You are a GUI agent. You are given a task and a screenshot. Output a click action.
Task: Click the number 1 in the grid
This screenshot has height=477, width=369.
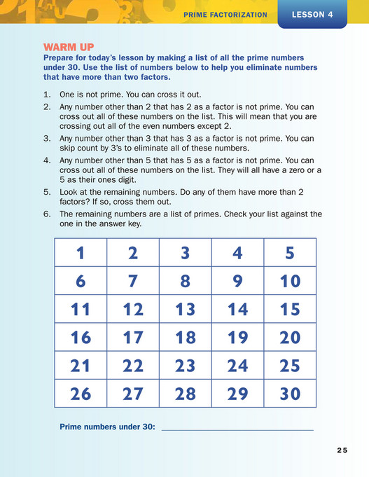[x=81, y=253]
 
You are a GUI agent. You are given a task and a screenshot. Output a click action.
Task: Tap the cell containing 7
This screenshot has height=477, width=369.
[x=133, y=281]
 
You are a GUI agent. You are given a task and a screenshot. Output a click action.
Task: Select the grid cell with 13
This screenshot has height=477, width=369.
[x=185, y=309]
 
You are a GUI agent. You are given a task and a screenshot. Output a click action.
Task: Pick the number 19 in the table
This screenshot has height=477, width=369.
[x=237, y=337]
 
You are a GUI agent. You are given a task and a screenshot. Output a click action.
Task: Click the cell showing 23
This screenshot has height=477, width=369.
[x=185, y=365]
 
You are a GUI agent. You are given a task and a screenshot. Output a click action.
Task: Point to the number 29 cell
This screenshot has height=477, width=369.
[x=237, y=393]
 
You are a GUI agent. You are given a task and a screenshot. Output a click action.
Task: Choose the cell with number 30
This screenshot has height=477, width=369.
[x=290, y=393]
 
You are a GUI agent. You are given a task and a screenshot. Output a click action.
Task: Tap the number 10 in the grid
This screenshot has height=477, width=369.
[x=290, y=281]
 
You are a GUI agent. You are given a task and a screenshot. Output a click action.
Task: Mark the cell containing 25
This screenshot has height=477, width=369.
[x=290, y=365]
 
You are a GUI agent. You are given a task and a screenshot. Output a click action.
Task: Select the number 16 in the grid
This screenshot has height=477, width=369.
[x=81, y=337]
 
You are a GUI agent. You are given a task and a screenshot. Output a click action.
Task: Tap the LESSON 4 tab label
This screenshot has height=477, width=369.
[x=312, y=13]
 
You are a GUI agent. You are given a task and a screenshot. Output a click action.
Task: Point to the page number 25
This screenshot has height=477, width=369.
[x=341, y=450]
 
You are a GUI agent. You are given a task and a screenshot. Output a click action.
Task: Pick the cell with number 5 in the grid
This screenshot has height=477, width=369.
[x=290, y=253]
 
